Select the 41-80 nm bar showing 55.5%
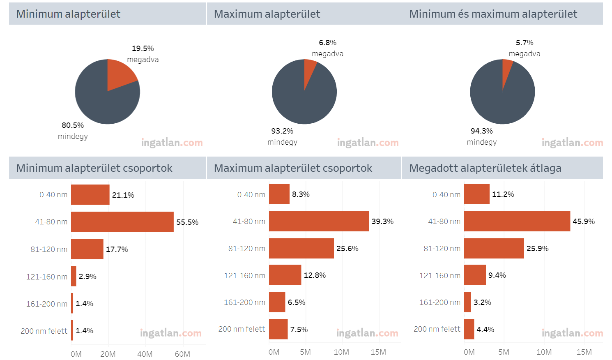122,222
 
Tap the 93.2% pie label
282,131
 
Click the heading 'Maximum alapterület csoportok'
293,168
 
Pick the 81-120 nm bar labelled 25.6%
301,248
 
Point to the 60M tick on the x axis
182,354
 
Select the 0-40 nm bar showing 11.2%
476,194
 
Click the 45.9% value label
584,222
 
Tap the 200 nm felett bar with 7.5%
278,329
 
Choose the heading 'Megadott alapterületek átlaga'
485,168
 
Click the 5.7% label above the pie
525,43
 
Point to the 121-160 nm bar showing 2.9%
74,276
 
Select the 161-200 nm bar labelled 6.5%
277,302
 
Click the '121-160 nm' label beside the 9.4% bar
439,276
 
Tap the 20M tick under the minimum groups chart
108,354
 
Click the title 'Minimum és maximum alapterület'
493,14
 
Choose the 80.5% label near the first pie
73,125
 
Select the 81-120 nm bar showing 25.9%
494,248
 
